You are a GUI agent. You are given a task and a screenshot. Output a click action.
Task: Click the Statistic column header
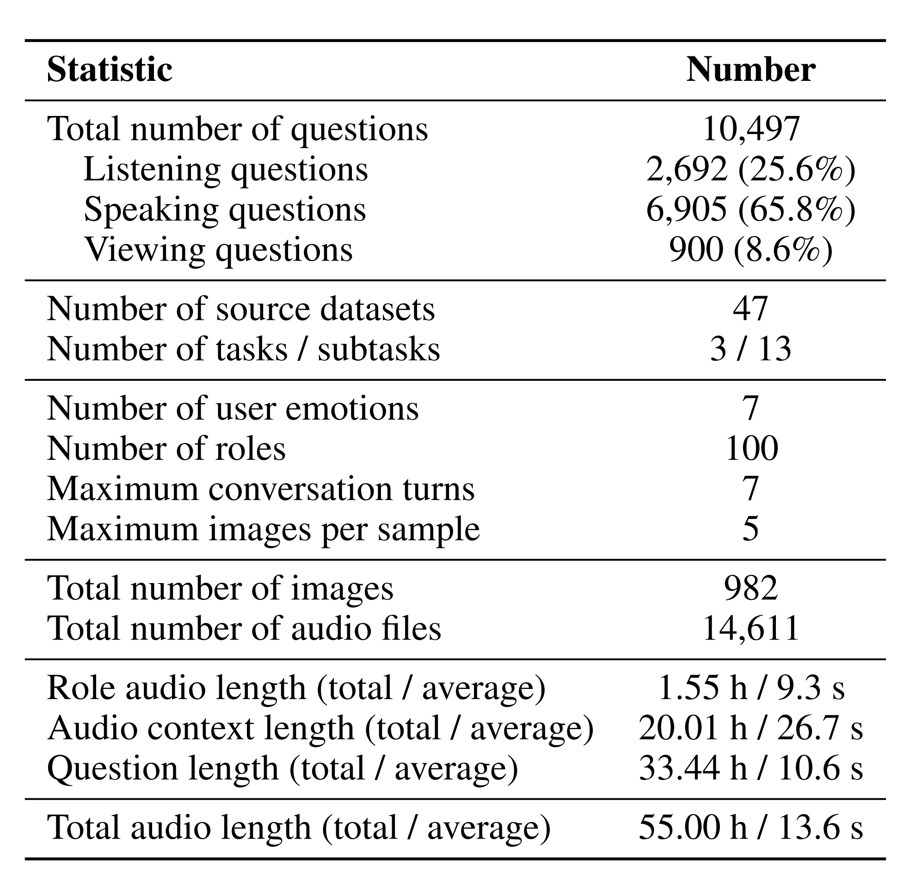pos(110,70)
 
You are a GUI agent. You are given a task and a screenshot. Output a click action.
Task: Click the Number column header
pos(750,70)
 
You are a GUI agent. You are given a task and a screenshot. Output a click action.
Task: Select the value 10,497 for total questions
pos(750,128)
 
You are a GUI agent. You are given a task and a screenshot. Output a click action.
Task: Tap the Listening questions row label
pos(226,170)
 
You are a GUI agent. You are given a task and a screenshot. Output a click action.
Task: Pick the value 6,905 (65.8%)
pos(750,209)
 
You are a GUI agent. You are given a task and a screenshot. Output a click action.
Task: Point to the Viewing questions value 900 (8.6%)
pos(750,250)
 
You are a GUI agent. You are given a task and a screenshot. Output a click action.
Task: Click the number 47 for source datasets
pos(750,309)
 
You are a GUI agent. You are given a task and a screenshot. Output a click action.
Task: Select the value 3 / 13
pos(750,349)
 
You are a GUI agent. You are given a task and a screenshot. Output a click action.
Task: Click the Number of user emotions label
pos(233,408)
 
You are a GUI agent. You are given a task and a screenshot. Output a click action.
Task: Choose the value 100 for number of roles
pos(751,449)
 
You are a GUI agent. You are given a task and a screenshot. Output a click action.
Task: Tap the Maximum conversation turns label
pos(261,489)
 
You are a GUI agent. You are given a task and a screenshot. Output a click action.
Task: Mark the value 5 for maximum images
pos(750,529)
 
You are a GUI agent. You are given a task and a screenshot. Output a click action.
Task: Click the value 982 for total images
pos(751,588)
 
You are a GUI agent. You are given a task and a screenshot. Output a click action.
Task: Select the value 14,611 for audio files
pos(750,629)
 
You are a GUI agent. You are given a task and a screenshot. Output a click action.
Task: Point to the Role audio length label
pos(296,688)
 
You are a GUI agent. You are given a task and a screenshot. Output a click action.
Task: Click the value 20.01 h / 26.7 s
pos(750,728)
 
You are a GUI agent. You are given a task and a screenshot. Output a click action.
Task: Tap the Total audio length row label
pos(299,828)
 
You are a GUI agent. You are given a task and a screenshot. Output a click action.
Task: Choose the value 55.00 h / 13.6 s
pos(750,828)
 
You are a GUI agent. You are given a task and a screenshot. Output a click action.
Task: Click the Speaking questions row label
pos(225,209)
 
